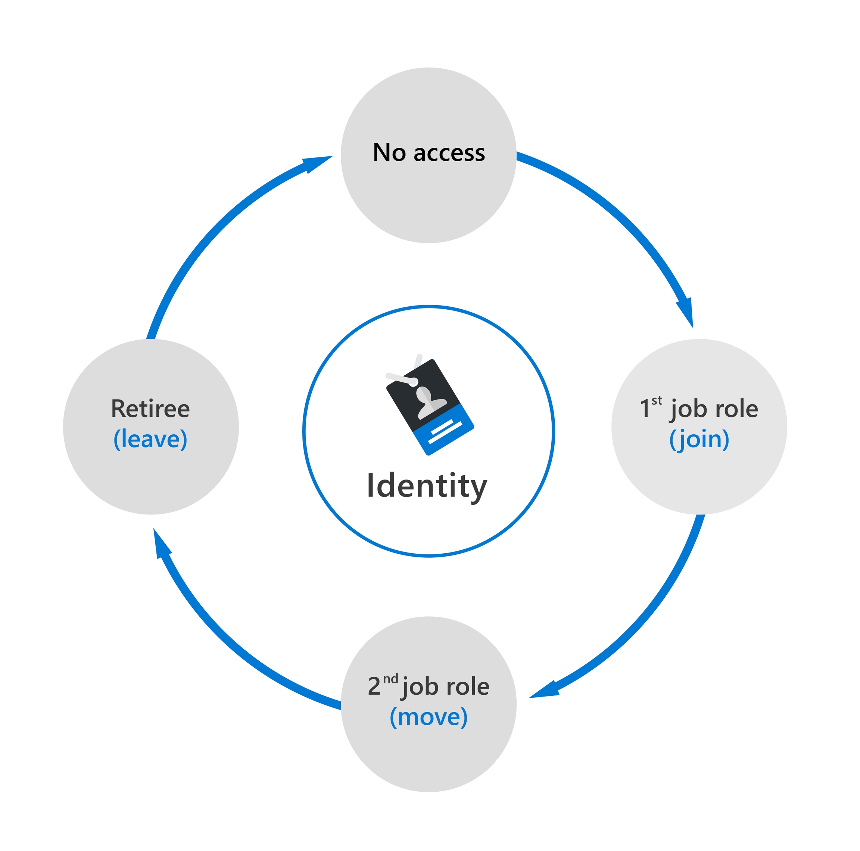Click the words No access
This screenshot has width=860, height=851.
coord(429,153)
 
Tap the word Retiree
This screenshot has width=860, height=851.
coord(150,409)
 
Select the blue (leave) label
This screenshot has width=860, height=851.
coord(150,439)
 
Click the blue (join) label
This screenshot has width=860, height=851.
coord(699,439)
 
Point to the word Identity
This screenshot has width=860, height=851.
coord(427,486)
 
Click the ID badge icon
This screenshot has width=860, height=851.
coord(430,407)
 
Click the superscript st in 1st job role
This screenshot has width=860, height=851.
coord(657,400)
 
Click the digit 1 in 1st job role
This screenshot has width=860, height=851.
coord(645,409)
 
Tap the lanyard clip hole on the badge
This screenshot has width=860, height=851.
coord(414,382)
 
